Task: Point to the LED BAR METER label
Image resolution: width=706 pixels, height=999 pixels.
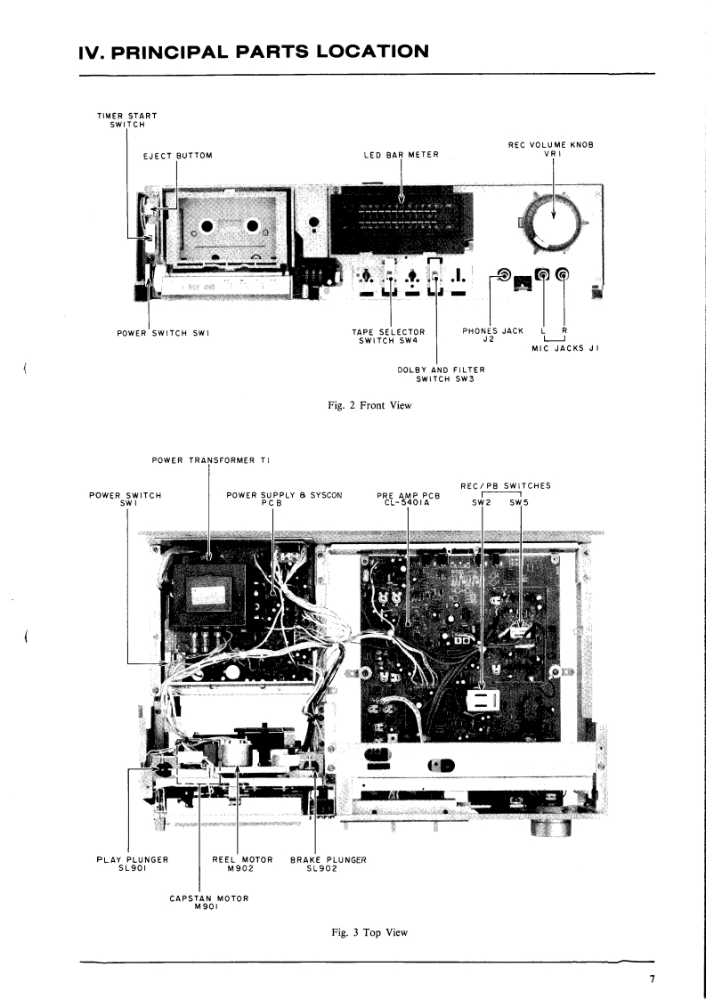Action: click(x=402, y=156)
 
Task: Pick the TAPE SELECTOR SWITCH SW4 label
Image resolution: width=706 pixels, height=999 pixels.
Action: click(x=388, y=336)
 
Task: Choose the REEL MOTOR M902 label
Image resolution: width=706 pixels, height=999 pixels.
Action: click(x=242, y=865)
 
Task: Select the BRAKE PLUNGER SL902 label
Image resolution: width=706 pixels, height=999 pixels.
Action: click(x=329, y=865)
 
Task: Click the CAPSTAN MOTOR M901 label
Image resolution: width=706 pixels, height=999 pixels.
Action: click(x=208, y=903)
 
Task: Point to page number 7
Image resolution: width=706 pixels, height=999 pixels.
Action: click(x=652, y=979)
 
